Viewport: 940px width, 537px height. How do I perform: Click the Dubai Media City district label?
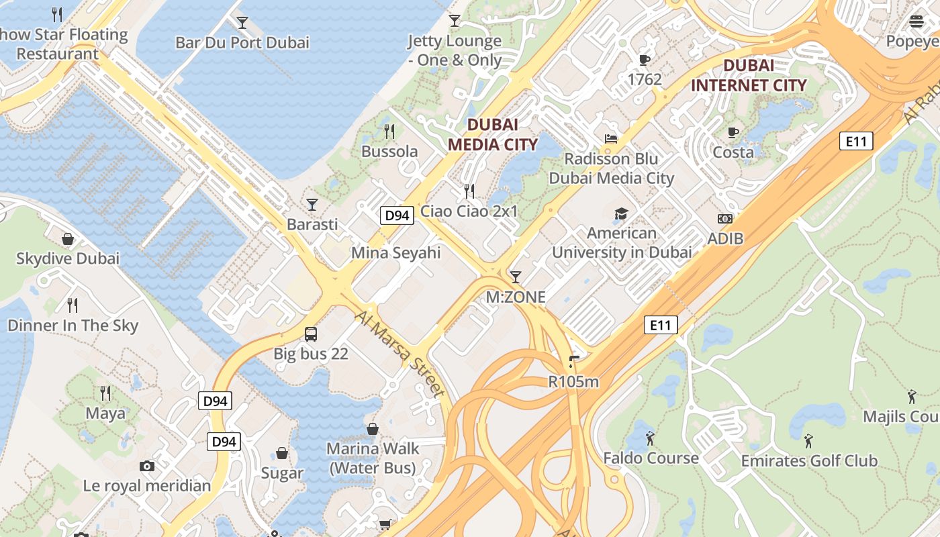click(x=493, y=134)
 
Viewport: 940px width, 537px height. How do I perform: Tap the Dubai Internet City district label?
click(x=749, y=75)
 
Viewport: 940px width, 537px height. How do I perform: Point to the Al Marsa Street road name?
click(x=400, y=354)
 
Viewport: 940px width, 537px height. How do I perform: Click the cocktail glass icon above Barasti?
click(x=312, y=204)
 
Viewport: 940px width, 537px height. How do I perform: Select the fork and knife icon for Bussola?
click(x=389, y=131)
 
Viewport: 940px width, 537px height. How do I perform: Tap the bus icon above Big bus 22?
click(x=311, y=334)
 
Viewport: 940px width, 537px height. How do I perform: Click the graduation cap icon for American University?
click(x=621, y=213)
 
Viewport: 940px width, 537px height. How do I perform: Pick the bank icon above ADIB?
click(x=725, y=219)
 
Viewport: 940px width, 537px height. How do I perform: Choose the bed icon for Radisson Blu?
click(x=611, y=139)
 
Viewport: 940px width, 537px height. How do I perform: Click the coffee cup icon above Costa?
click(x=733, y=132)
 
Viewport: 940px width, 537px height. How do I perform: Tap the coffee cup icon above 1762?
click(x=645, y=60)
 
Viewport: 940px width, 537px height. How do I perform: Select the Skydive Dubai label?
click(x=68, y=258)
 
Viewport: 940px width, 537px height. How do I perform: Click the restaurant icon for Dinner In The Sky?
click(x=73, y=305)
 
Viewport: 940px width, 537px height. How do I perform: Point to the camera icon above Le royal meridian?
click(x=147, y=466)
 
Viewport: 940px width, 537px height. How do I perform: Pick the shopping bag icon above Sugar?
click(x=282, y=453)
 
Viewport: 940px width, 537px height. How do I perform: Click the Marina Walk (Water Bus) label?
click(x=373, y=458)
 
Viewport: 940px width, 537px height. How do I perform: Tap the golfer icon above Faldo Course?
click(x=650, y=438)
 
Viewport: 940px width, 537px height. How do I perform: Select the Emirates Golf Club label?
click(x=809, y=460)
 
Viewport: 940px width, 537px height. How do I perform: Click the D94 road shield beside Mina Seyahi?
click(x=397, y=215)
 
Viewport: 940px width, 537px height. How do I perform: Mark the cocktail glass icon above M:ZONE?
click(x=516, y=277)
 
